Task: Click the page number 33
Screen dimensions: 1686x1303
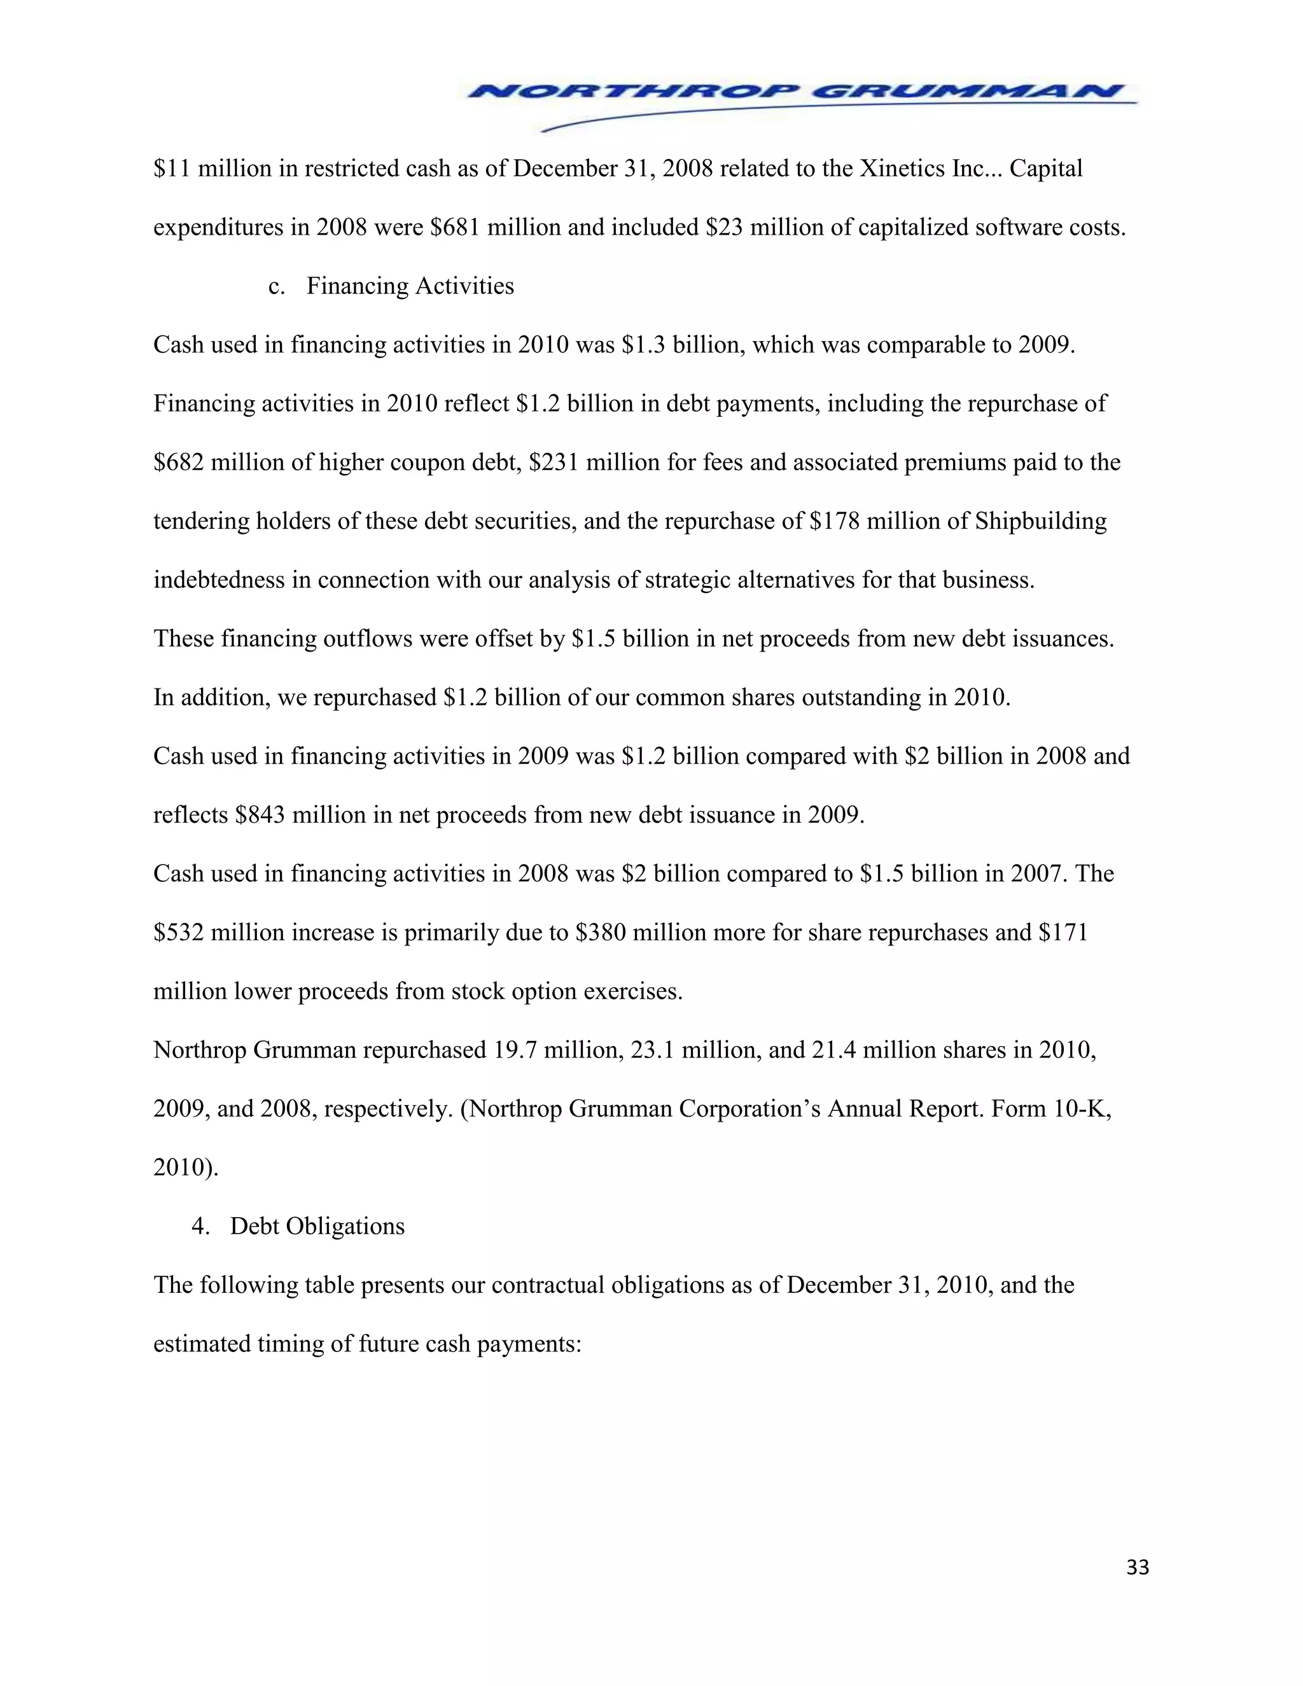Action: [1137, 1568]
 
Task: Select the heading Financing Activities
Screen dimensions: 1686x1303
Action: [410, 286]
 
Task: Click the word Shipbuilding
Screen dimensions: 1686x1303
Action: [1040, 521]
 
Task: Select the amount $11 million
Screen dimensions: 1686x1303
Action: [203, 169]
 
